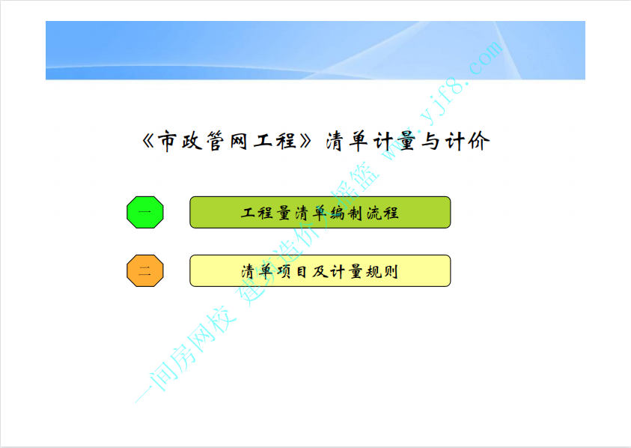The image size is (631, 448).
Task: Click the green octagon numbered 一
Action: [145, 212]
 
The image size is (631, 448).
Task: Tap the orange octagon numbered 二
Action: [145, 270]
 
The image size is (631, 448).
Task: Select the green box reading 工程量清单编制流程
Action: [320, 212]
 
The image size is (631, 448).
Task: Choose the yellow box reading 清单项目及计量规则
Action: [320, 270]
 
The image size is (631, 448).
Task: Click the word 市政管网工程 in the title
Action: [228, 141]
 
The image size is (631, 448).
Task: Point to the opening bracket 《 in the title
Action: [148, 141]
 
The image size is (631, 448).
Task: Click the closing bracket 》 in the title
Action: [306, 141]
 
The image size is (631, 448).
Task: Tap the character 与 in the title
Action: [430, 142]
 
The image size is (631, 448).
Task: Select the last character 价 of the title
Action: [479, 142]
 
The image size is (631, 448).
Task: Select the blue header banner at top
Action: [315, 50]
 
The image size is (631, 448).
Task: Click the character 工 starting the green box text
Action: [249, 213]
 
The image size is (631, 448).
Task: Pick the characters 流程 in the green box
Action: [382, 213]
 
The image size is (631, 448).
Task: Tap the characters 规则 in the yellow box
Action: [382, 271]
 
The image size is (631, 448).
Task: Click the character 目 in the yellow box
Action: [302, 271]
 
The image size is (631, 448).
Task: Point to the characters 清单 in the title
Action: [347, 142]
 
